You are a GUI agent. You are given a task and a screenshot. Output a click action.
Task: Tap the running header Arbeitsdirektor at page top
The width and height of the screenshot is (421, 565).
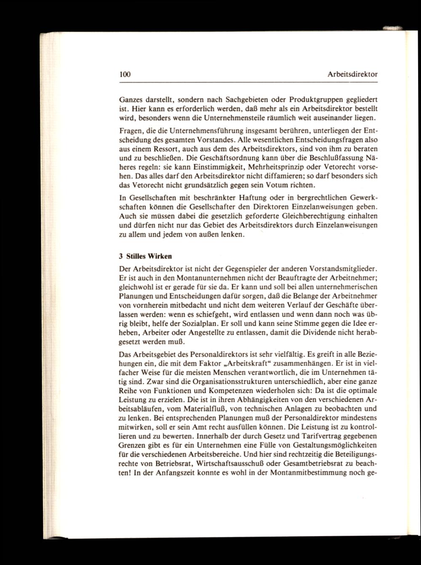[x=352, y=74]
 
